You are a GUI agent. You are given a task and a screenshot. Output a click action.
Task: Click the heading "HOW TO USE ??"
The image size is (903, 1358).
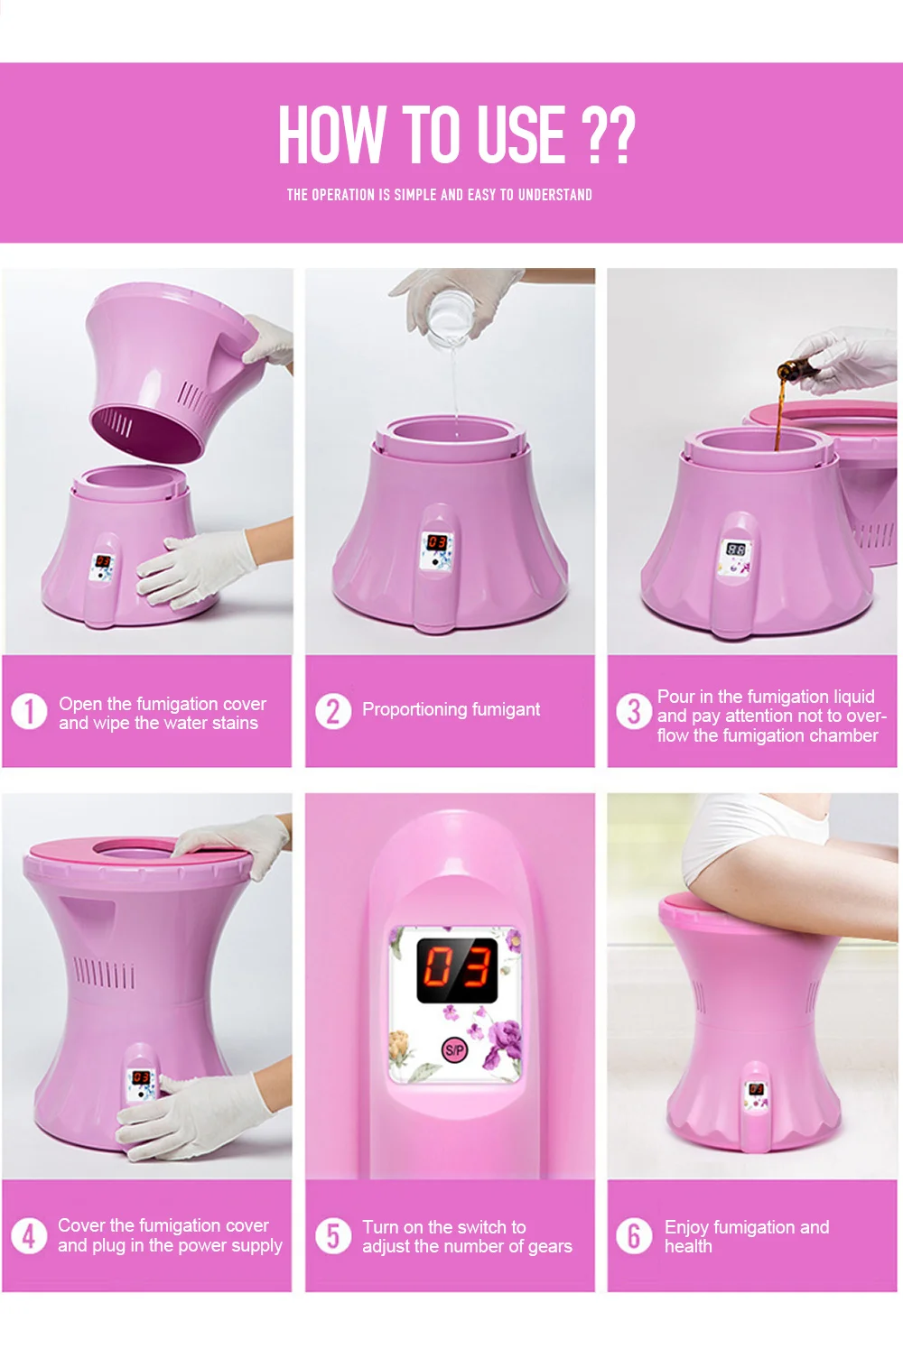point(456,134)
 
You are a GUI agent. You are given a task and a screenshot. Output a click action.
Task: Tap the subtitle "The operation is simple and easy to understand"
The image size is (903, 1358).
point(439,195)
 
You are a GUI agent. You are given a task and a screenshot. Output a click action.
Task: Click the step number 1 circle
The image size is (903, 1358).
point(29,712)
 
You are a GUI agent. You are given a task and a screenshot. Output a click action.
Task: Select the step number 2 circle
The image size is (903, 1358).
point(332,711)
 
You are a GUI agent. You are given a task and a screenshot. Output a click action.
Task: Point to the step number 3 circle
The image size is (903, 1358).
point(634,712)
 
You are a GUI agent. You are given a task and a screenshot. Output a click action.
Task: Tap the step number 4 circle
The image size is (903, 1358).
point(29,1235)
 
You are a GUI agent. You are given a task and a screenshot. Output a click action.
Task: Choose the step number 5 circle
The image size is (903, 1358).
point(332,1236)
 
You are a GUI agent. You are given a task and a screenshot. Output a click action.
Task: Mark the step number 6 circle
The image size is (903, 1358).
point(634,1236)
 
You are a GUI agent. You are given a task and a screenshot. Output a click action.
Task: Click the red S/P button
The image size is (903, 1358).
point(454,1050)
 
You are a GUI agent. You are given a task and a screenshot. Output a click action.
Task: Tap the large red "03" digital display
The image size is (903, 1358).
point(457,968)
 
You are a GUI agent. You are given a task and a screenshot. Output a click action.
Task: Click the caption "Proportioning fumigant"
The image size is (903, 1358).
point(451,710)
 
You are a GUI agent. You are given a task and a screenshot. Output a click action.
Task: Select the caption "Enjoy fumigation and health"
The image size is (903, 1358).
point(746,1236)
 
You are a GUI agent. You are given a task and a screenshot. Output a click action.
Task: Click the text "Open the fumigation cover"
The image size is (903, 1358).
point(163,704)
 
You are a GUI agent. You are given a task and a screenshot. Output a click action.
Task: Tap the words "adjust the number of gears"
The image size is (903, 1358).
point(467,1247)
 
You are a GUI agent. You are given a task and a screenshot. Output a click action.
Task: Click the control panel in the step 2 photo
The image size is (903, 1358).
point(437,550)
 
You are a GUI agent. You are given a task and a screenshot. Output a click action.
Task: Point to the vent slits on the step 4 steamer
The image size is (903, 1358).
point(104,975)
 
